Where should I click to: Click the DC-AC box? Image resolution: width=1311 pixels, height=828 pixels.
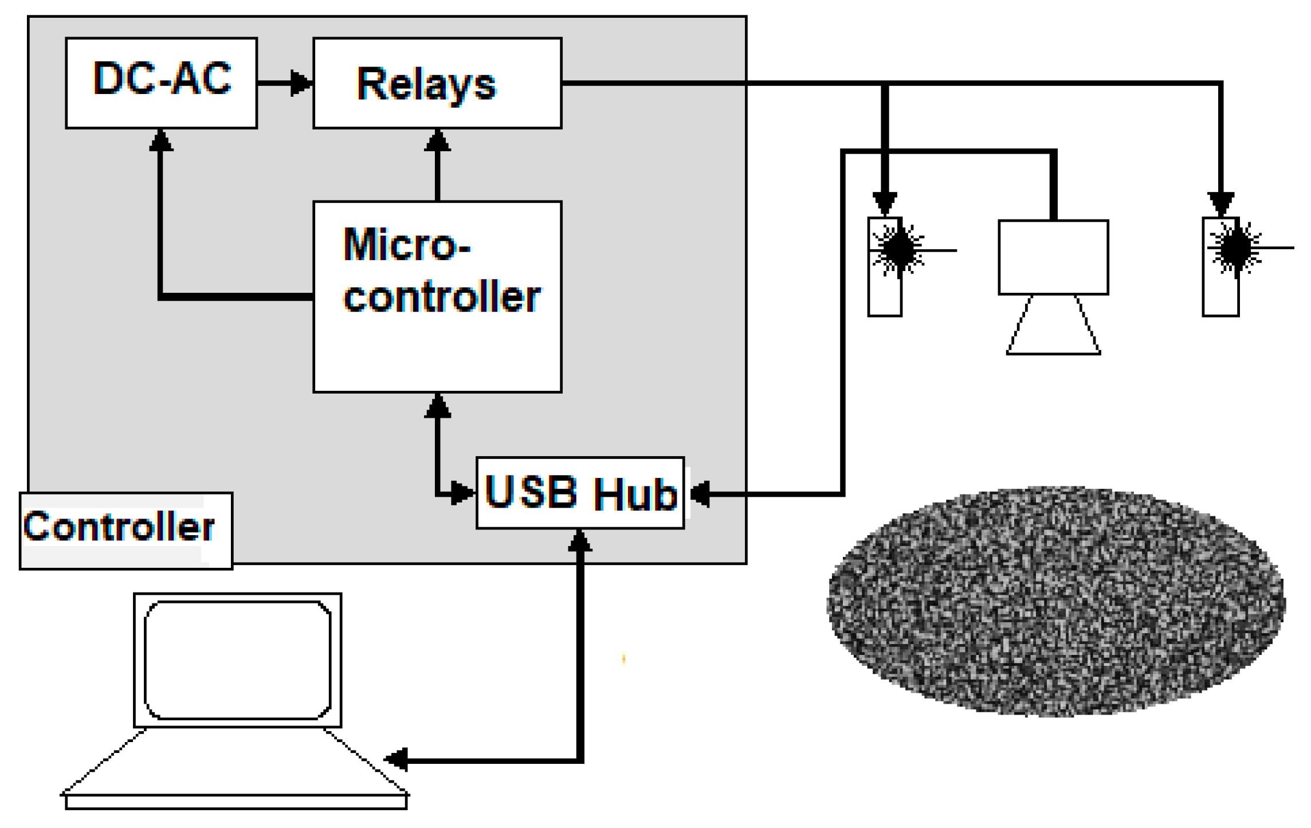[161, 83]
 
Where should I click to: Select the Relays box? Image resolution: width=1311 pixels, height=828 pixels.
[437, 83]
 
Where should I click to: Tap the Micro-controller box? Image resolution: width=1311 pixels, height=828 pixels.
[437, 296]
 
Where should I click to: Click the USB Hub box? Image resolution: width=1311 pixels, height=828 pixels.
[580, 493]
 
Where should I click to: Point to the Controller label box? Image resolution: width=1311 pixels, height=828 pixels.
[125, 530]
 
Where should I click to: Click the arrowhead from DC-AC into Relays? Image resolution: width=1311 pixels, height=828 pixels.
[301, 83]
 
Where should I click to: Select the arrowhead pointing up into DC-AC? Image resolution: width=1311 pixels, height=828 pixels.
[161, 140]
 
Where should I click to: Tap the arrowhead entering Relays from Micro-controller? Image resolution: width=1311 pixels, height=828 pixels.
[438, 140]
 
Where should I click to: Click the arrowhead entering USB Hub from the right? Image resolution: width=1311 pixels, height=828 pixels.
[700, 493]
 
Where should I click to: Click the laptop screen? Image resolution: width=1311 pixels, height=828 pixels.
[237, 660]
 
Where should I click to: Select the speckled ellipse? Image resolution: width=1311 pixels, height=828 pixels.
[1055, 602]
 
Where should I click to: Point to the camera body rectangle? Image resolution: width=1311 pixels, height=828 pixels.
[1053, 257]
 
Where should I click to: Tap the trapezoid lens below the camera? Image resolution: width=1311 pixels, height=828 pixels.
[1053, 327]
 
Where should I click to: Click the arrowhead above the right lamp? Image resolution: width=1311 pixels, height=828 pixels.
[1220, 203]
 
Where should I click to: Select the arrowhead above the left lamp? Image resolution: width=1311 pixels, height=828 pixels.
[885, 203]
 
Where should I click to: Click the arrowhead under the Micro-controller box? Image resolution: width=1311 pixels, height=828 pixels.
[438, 406]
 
